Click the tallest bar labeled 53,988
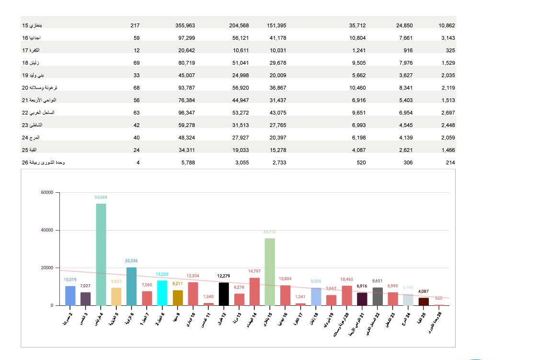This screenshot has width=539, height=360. click(101, 254)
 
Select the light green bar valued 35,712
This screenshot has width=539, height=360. click(270, 272)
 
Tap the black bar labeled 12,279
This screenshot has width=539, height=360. click(224, 294)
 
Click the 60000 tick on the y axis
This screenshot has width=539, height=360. click(47, 193)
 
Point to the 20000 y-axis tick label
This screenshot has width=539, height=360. click(47, 268)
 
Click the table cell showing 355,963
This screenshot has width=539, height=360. click(185, 25)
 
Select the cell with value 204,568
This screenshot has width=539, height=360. click(239, 25)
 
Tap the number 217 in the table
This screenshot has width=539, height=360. click(135, 25)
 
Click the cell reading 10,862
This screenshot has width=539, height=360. click(447, 25)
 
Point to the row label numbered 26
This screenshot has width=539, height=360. click(43, 163)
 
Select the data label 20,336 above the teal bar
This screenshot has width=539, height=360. click(131, 261)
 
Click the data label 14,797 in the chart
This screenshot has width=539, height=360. click(254, 271)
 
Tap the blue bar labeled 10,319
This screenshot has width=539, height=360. click(70, 296)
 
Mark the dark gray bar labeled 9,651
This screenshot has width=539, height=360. click(378, 296)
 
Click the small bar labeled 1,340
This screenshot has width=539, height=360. click(208, 304)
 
